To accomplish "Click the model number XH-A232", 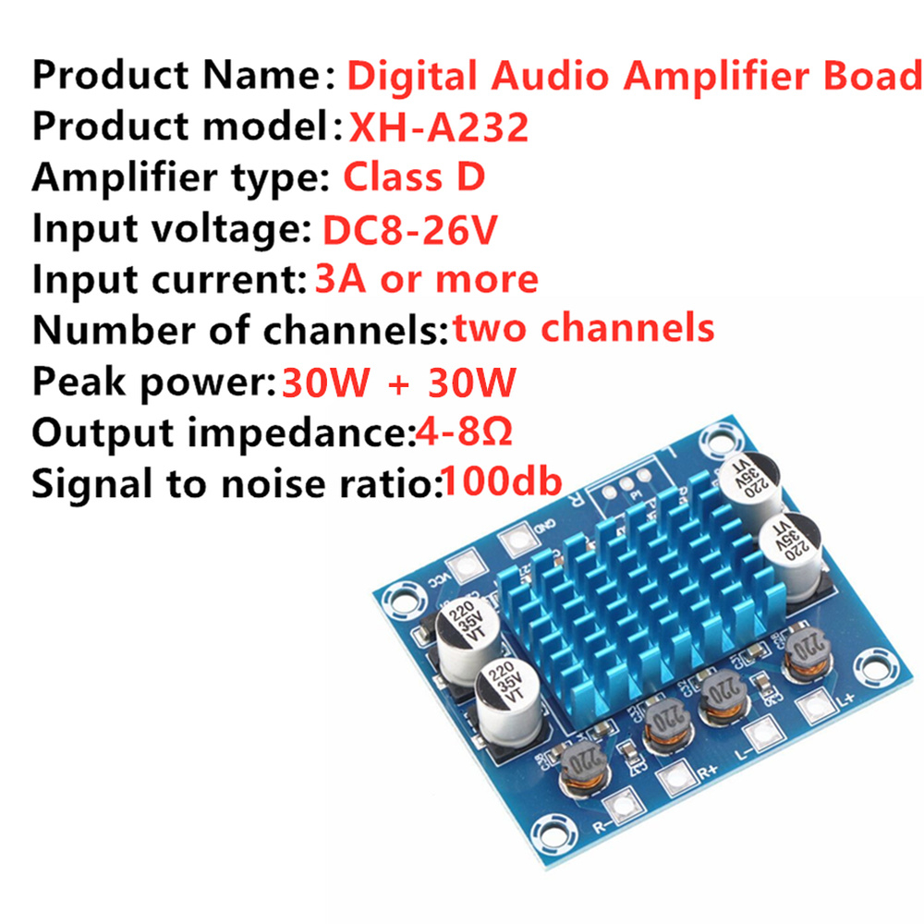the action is point(439,127).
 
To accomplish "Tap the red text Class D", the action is point(414,176).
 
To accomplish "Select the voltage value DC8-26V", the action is point(409,228).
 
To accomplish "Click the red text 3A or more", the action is point(426,278).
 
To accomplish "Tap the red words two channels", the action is point(583,328).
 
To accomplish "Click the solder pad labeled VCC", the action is point(464,565).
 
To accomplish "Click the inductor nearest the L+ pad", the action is point(804,656).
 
